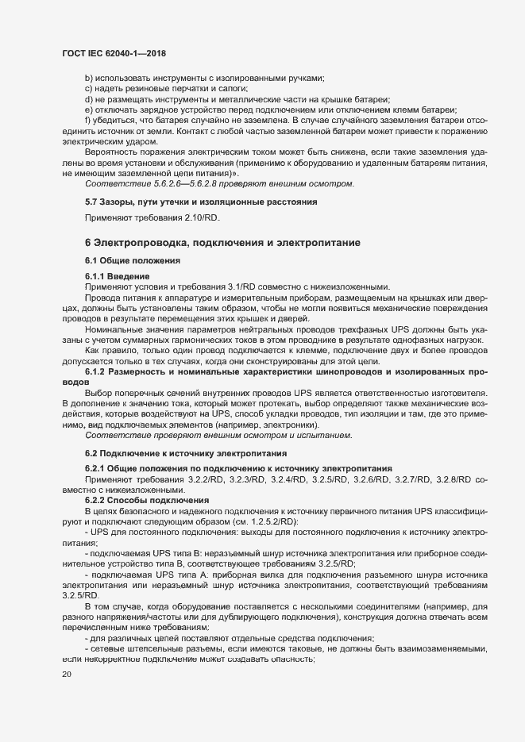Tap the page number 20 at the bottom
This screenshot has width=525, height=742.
pyautogui.click(x=67, y=674)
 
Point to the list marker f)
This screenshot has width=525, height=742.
pyautogui.click(x=87, y=119)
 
